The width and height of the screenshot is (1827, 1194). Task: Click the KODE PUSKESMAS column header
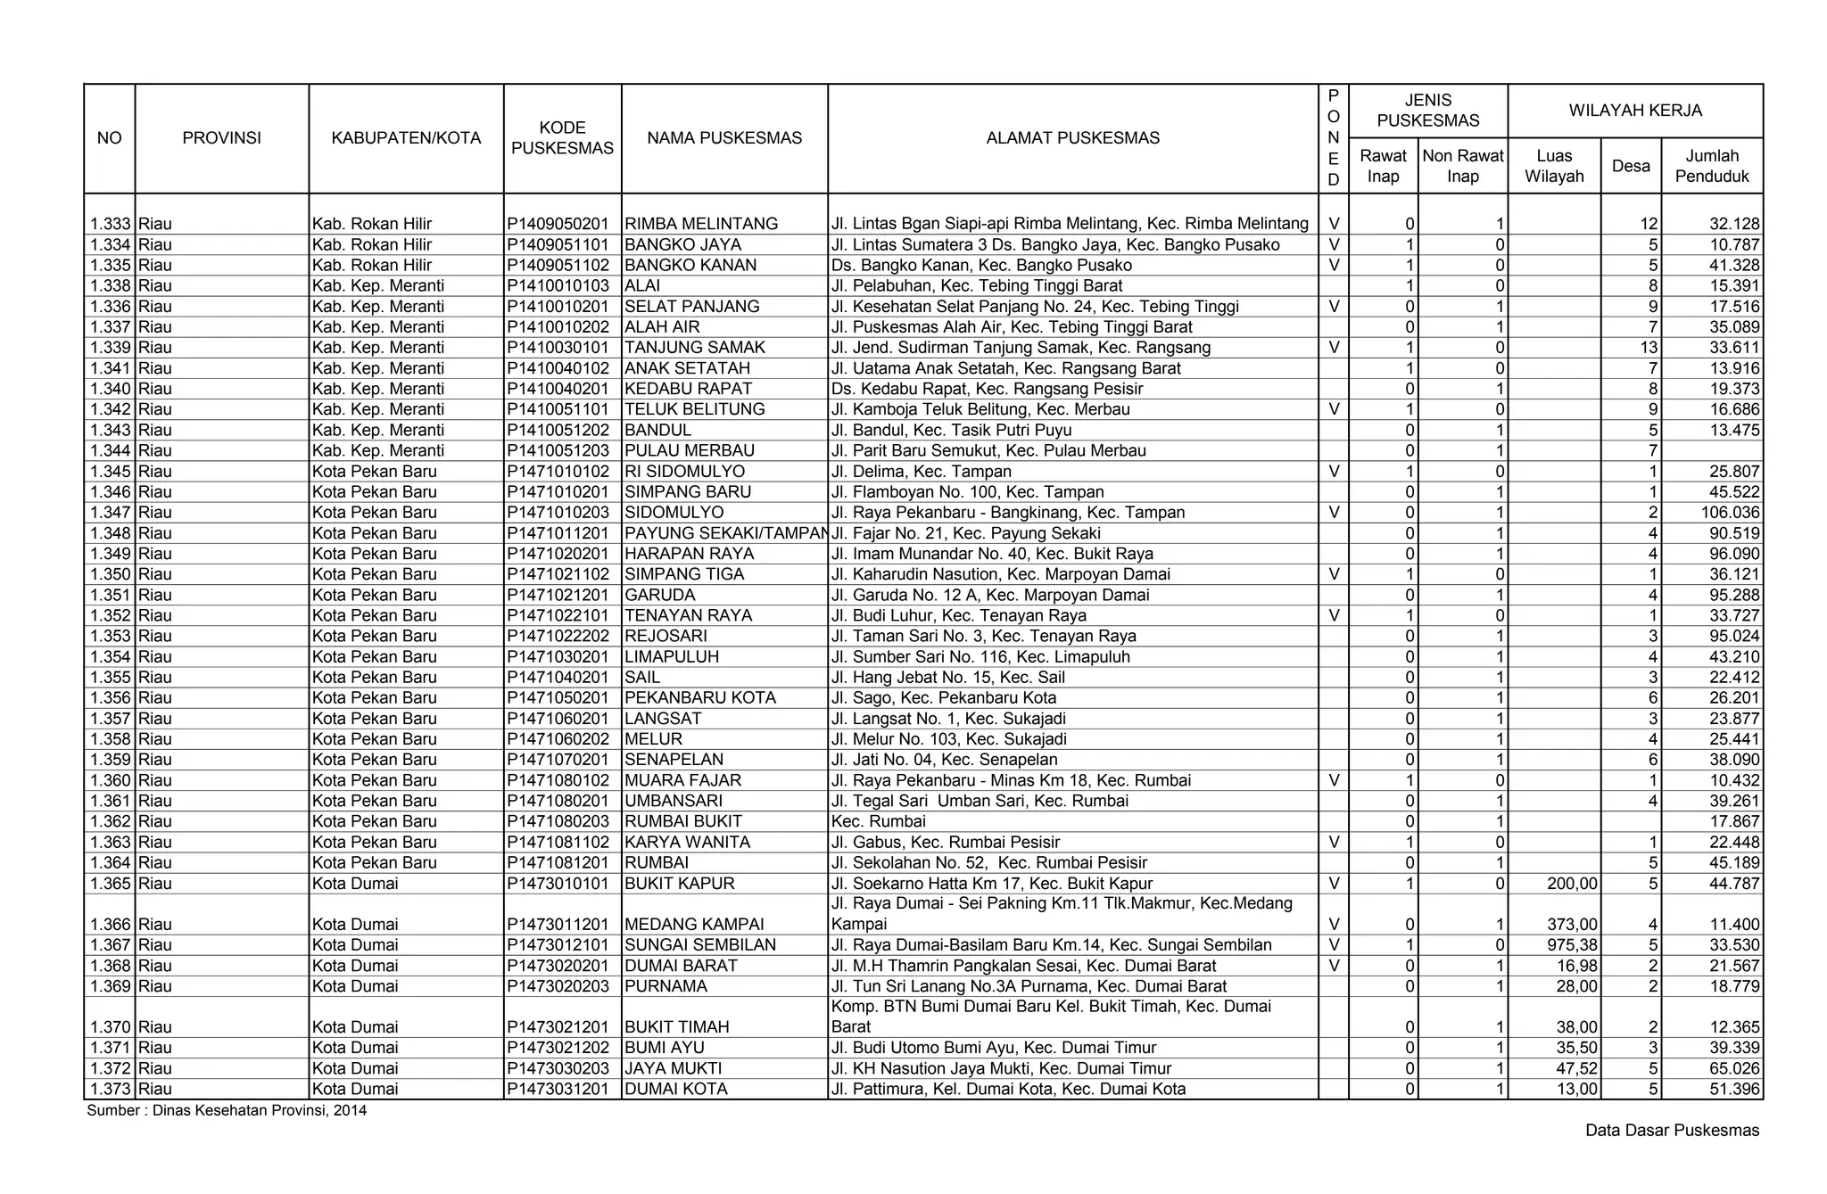562,137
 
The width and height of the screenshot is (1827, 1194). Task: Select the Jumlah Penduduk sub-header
1711,166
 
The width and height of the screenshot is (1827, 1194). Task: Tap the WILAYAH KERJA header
1634,111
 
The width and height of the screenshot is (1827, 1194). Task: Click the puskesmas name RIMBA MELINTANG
701,224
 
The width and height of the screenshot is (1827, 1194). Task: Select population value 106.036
1727,513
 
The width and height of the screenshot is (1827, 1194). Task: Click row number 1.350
110,574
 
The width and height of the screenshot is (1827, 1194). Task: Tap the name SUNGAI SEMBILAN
700,945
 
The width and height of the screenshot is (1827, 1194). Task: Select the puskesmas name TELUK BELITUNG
695,409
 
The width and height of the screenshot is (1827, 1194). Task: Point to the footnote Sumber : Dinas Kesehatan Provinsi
227,1111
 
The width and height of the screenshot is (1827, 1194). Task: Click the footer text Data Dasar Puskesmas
1672,1131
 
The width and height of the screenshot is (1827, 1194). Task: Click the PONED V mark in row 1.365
1333,884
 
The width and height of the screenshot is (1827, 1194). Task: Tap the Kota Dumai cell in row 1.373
355,1089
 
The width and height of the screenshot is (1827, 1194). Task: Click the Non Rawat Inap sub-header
1462,166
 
